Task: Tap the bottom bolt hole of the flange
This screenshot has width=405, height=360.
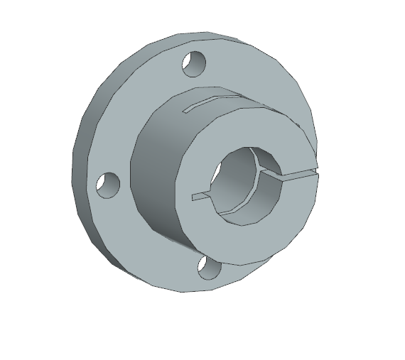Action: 208,267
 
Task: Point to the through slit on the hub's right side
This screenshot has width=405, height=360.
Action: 298,173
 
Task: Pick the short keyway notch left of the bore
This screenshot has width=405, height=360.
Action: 201,195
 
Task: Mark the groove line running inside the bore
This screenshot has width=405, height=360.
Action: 264,168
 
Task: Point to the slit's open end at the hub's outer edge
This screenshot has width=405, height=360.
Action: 317,171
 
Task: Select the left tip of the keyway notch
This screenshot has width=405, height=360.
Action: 193,195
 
